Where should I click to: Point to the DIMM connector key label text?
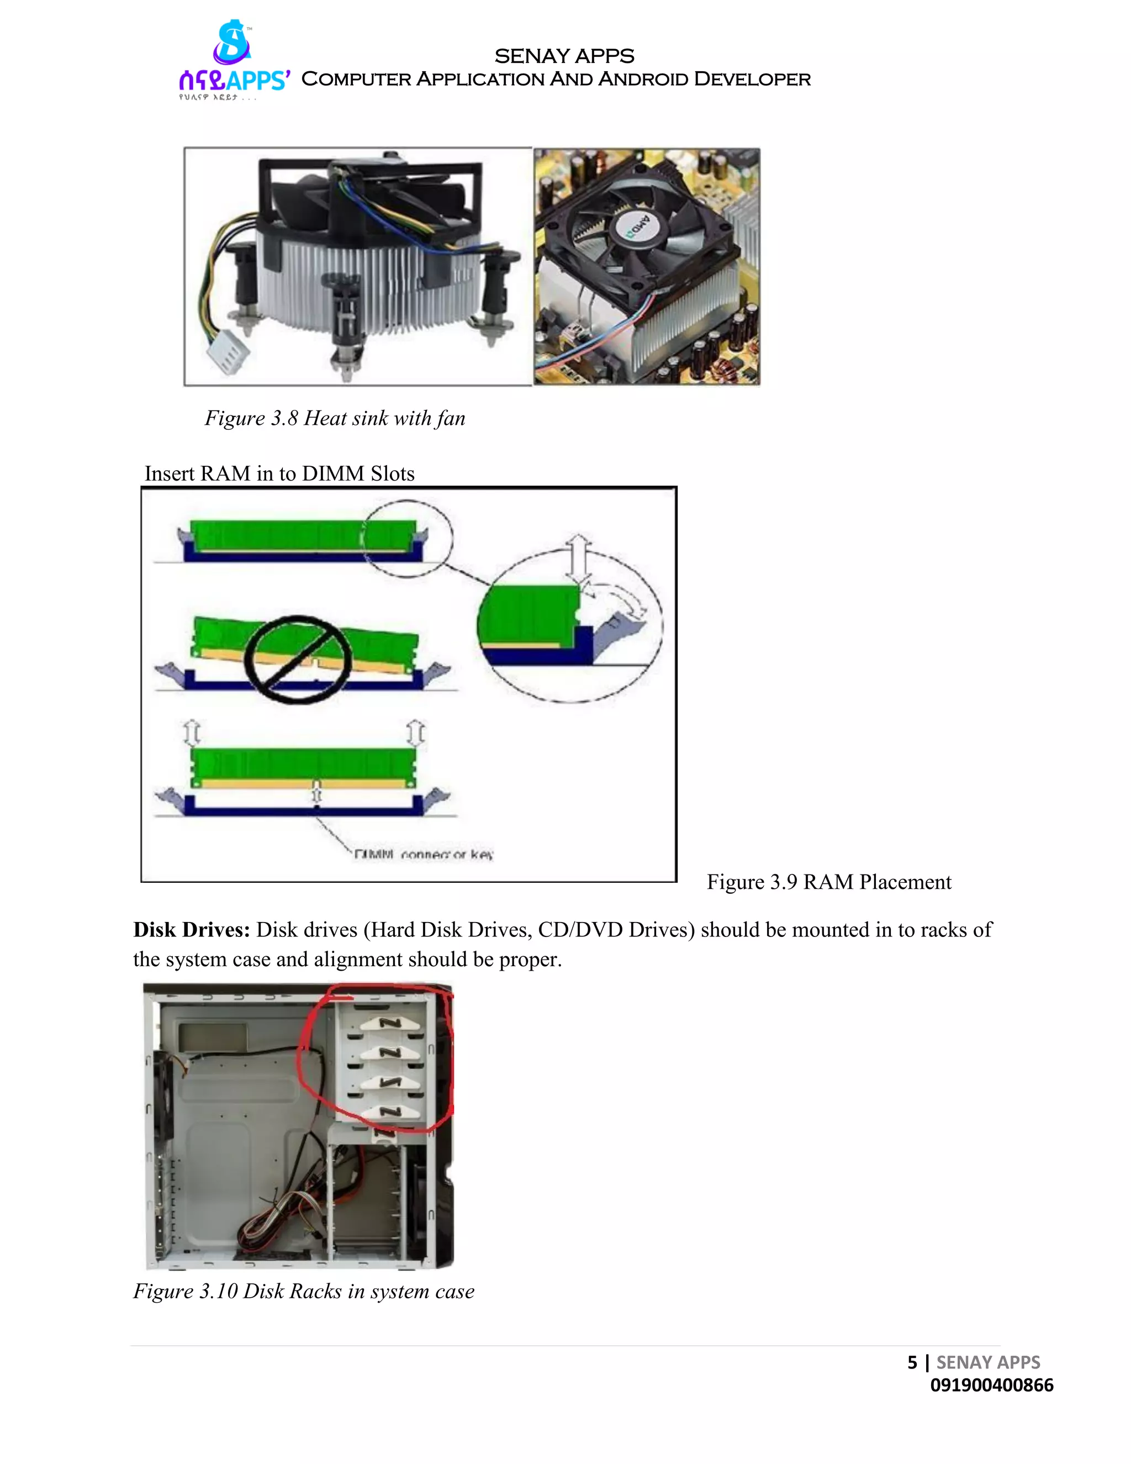423,855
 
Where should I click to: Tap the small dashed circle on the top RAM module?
408,538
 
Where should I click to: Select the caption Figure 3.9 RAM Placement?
828,882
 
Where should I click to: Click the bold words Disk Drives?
192,930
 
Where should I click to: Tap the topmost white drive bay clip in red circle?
390,1023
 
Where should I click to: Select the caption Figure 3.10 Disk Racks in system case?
304,1291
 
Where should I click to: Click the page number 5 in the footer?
912,1362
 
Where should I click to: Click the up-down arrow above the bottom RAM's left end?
192,733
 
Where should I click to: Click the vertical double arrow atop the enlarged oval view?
578,559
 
